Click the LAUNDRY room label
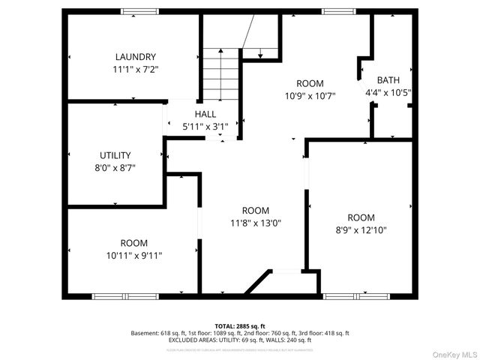(x=136, y=57)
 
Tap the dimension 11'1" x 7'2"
(x=136, y=69)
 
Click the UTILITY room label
(x=115, y=155)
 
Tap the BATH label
(x=388, y=80)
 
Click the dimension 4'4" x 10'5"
(x=388, y=93)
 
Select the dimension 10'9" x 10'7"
(x=310, y=95)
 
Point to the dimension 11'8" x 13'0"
(x=256, y=223)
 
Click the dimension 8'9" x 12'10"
(x=361, y=230)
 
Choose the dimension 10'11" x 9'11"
(x=134, y=255)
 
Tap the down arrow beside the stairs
(x=259, y=52)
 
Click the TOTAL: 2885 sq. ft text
(x=239, y=325)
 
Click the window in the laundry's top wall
(x=139, y=11)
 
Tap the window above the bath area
(x=334, y=11)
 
